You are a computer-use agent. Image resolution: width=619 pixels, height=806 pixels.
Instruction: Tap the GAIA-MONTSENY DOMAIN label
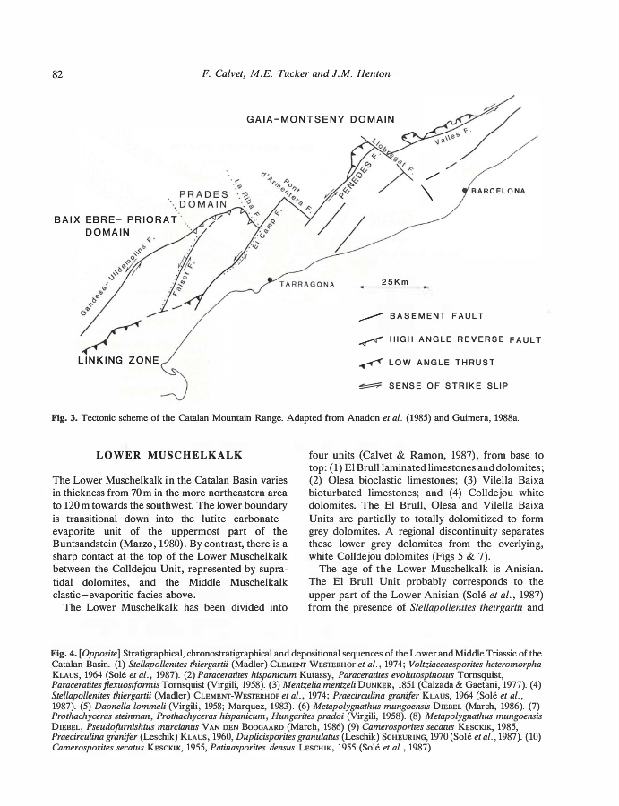coord(320,119)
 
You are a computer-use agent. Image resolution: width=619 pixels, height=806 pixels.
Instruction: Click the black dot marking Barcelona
coord(464,191)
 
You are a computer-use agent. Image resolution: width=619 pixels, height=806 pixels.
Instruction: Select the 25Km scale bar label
coord(395,282)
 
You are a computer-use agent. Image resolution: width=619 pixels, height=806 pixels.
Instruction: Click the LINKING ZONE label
coord(117,361)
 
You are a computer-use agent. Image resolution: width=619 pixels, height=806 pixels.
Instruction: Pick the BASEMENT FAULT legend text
coord(436,316)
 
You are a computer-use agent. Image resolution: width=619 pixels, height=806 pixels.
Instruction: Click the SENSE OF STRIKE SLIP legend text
coord(448,386)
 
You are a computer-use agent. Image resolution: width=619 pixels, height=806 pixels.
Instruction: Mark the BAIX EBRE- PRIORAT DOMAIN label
coord(112,226)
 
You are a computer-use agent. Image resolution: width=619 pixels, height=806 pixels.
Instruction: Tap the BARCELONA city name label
coord(497,191)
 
